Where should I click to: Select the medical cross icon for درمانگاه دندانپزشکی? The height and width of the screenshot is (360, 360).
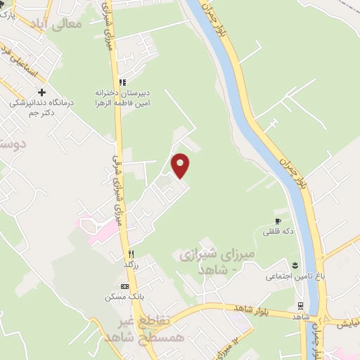coord(42,92)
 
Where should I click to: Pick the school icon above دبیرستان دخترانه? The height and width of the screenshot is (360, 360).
coord(122,82)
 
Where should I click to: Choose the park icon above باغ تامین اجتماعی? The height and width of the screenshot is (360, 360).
coord(295,265)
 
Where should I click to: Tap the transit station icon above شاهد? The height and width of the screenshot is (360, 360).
coord(300,306)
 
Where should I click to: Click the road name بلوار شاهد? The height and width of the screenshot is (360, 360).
coord(232,309)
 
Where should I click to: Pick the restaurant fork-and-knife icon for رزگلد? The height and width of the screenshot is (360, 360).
coord(130,255)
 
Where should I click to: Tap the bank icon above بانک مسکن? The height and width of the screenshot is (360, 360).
coord(125,286)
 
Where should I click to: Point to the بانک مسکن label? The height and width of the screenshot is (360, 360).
coord(120,297)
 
